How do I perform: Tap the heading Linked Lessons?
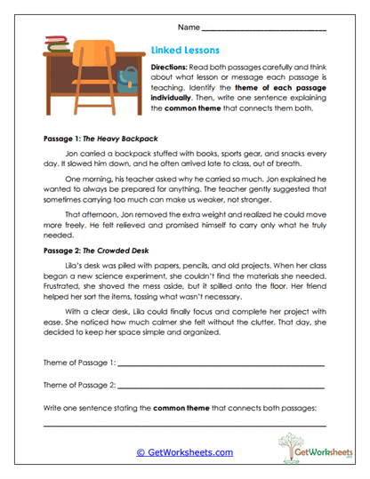pos(186,52)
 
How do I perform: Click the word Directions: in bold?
pos(172,68)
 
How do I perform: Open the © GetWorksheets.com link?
pos(184,452)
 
